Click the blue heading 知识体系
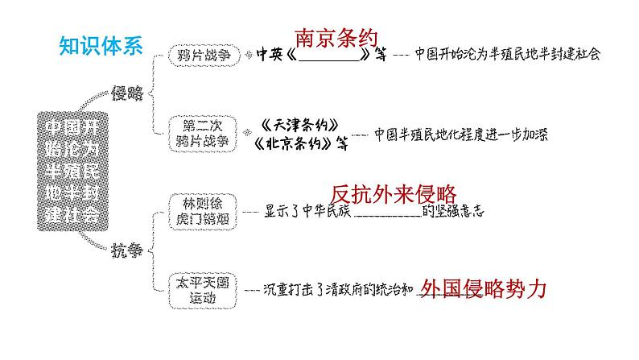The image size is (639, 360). (x=101, y=45)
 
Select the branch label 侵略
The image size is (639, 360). (x=128, y=93)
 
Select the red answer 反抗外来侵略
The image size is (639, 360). (x=394, y=194)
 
